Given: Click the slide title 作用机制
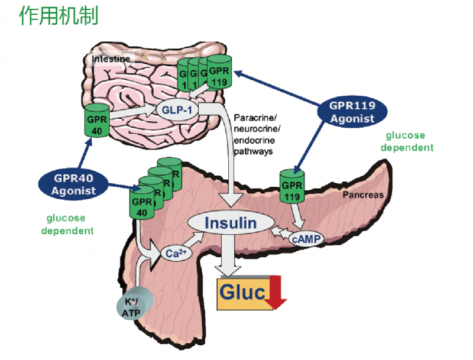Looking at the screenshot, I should point(59,16).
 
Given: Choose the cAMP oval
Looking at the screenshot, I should point(306,239).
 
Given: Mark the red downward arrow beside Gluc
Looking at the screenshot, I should point(276,293).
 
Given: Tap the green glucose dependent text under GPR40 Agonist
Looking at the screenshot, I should point(67,225).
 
